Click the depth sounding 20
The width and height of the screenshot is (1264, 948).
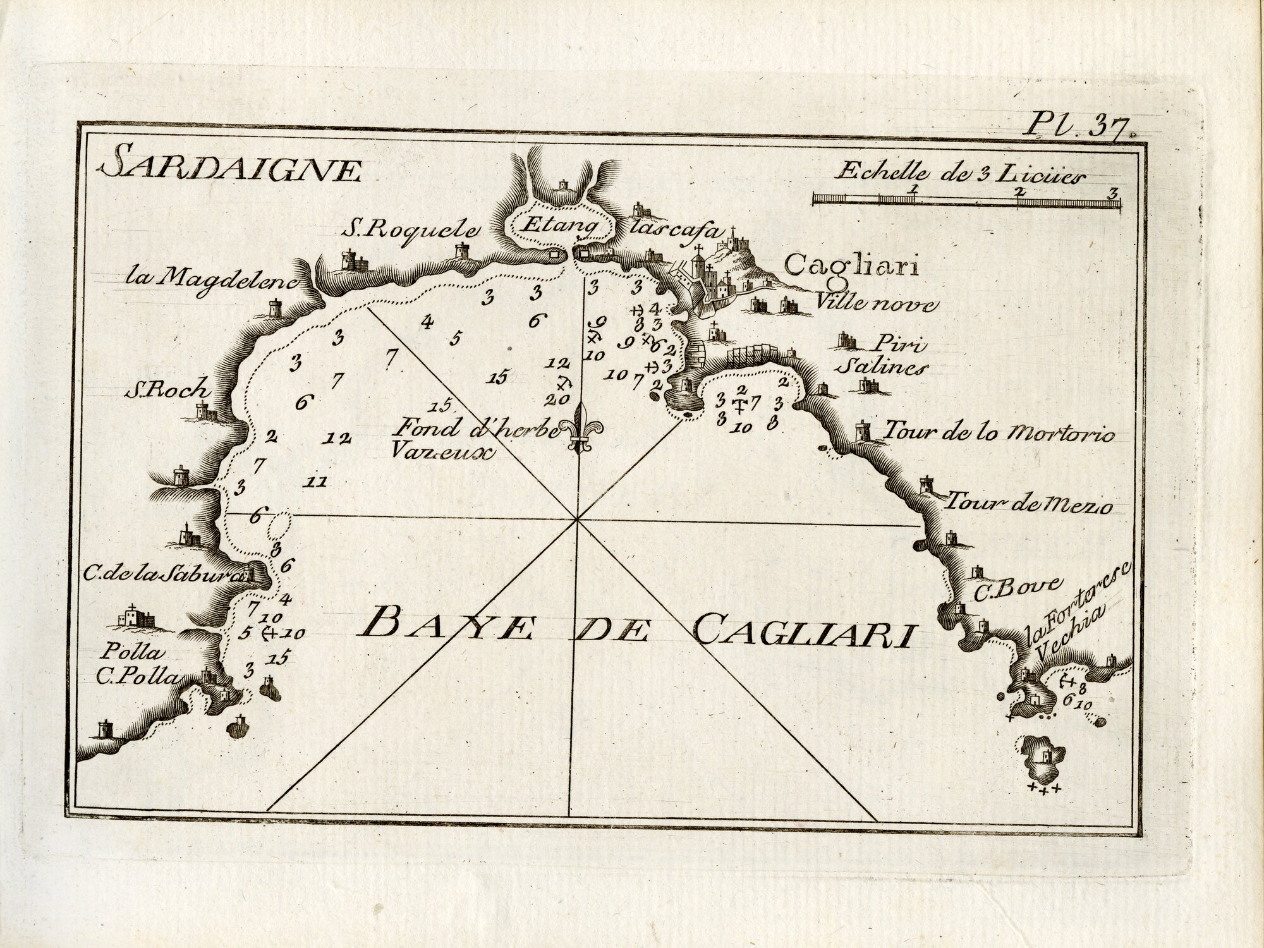[561, 399]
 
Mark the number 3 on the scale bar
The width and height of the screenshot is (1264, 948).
[1113, 191]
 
